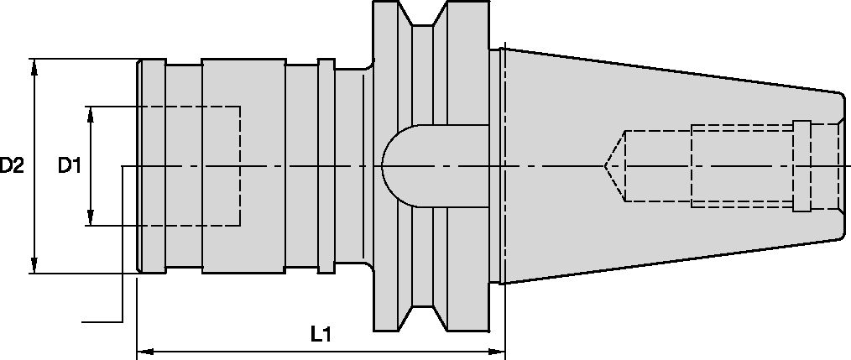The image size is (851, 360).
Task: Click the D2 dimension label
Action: [12, 166]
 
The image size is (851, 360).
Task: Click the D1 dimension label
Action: [69, 166]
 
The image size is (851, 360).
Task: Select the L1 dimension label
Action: [320, 335]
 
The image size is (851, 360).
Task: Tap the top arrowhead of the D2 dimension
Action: [34, 64]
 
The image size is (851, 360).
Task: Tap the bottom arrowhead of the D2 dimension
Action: [34, 268]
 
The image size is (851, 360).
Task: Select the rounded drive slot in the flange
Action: [403, 166]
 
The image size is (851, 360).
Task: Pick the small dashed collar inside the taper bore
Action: [801, 166]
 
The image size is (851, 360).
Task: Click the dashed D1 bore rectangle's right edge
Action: [241, 166]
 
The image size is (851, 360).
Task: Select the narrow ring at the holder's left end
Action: [151, 166]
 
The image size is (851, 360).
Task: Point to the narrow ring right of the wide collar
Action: [326, 166]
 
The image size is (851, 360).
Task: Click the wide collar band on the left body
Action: [243, 84]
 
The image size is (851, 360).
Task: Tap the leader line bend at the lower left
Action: [123, 321]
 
